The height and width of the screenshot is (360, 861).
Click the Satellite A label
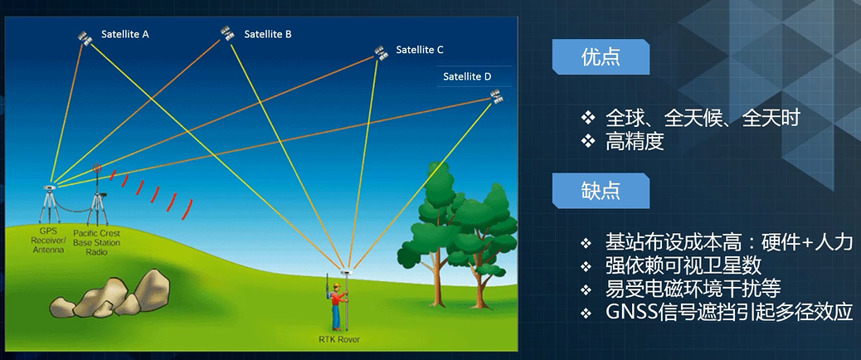125,35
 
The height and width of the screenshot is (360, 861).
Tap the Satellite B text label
265,35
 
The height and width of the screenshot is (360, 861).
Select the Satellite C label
420,50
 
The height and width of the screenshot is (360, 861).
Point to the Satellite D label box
467,76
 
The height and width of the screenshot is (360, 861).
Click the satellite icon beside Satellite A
84,37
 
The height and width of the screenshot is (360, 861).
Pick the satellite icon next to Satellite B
226,33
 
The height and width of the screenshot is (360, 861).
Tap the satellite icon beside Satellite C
380,52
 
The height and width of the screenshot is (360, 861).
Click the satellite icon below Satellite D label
497,98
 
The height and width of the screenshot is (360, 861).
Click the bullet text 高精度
635,142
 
